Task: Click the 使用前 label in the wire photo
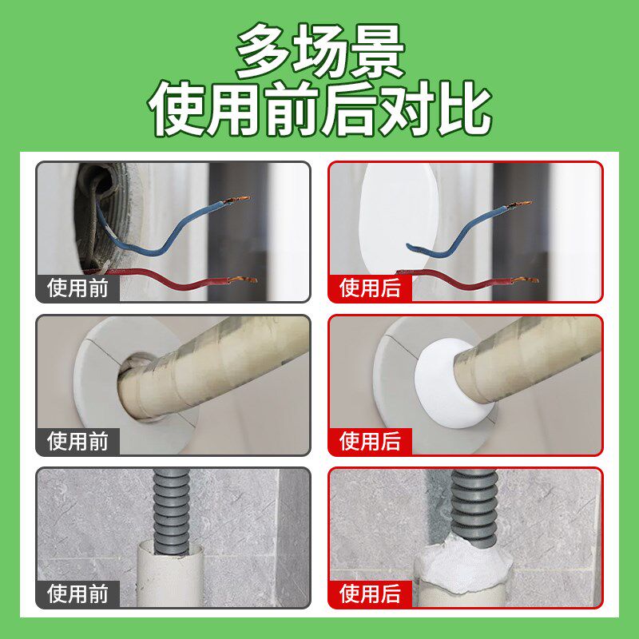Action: click(x=77, y=288)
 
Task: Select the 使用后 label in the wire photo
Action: click(x=371, y=288)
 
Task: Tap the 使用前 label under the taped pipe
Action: click(x=77, y=440)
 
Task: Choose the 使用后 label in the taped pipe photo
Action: click(x=371, y=440)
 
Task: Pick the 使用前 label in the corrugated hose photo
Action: click(x=77, y=593)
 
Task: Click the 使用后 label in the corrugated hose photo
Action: click(x=371, y=593)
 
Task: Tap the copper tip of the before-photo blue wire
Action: click(x=236, y=199)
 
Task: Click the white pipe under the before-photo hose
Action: click(x=171, y=575)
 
